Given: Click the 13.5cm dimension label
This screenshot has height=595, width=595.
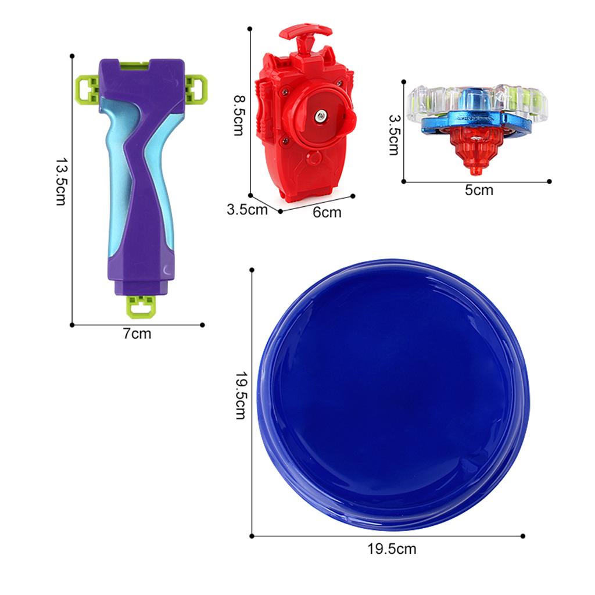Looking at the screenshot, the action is pos(61,181).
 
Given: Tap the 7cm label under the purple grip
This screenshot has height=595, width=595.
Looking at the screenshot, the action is pos(137,334).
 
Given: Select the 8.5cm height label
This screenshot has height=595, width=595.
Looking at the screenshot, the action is pos(239,115).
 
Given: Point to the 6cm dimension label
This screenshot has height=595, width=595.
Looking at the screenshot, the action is pos(327,212).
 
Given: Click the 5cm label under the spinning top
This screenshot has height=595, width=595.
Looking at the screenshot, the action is pos(479,190).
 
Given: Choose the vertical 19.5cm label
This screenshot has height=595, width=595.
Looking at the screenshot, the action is pos(241,395).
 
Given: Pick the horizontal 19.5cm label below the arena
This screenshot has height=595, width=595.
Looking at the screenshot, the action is pos(392,549).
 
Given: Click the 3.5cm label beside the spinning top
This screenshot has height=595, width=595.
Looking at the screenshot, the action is pos(395,135).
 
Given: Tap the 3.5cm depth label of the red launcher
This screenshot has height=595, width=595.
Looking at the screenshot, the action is pos(247,209).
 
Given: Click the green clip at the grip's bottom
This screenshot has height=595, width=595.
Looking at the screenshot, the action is pos(141,307).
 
